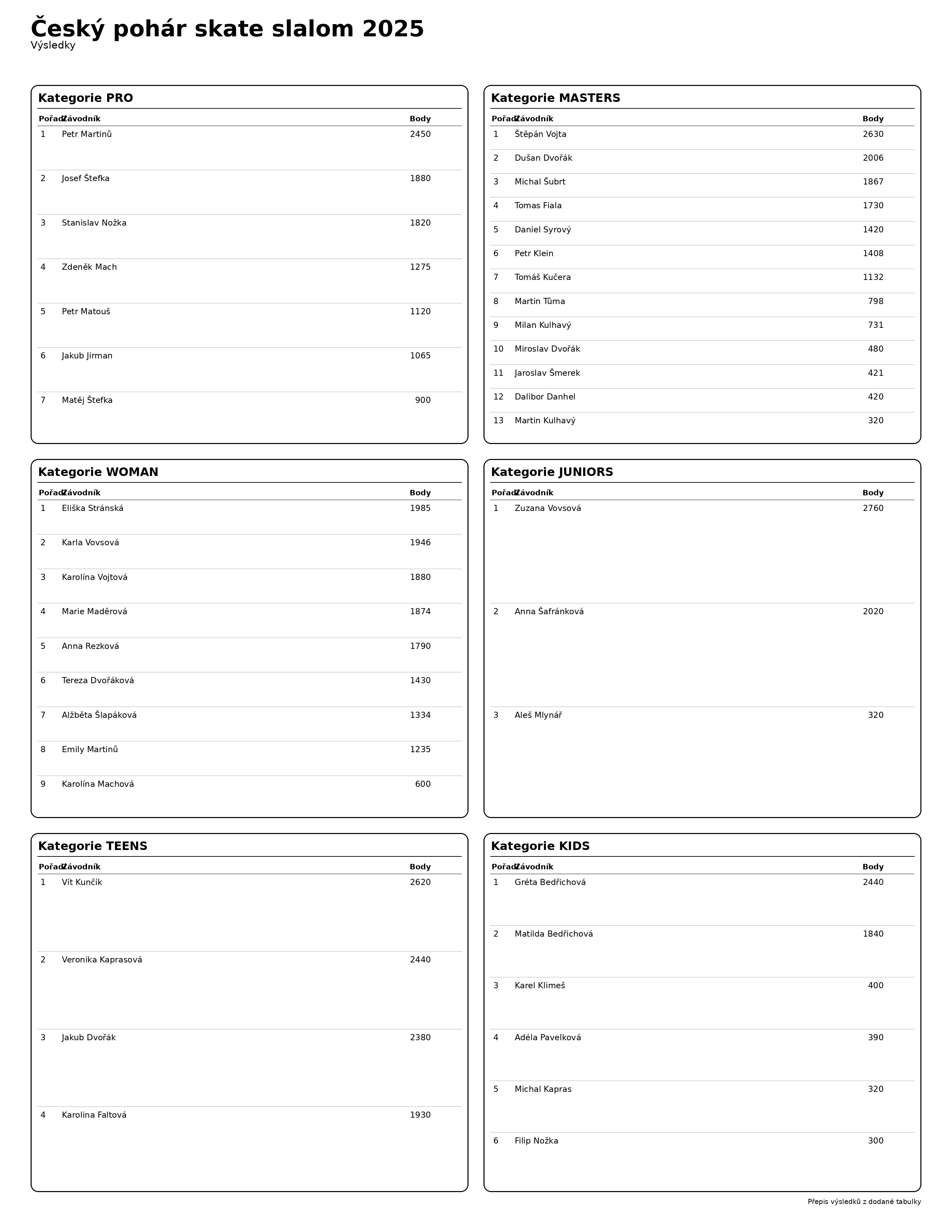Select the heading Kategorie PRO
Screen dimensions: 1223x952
point(85,98)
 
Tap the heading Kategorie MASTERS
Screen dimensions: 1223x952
point(555,98)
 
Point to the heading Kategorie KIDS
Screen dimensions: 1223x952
point(540,846)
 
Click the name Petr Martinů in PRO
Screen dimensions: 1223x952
point(87,135)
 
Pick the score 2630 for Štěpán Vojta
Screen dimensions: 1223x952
point(872,135)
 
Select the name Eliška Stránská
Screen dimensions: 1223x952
point(92,509)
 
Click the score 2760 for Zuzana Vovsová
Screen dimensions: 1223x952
point(872,509)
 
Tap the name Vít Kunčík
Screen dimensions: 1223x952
point(82,883)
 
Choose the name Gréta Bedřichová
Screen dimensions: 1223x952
point(550,883)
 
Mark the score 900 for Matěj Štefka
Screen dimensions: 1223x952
point(423,401)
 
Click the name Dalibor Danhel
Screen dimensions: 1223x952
point(545,397)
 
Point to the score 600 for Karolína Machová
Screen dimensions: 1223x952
point(423,784)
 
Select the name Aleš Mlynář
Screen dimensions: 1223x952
point(538,716)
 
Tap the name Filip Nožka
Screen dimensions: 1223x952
point(536,1141)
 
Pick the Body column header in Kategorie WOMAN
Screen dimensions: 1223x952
point(420,493)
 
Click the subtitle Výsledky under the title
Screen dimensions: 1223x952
point(53,46)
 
